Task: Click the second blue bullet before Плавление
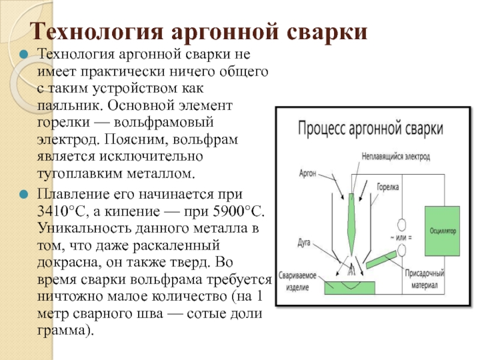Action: [x=25, y=196]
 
